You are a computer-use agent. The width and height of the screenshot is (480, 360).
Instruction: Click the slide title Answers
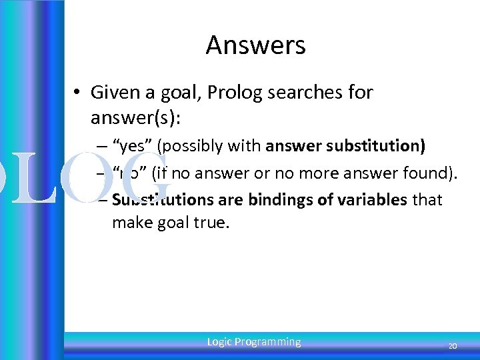pyautogui.click(x=255, y=45)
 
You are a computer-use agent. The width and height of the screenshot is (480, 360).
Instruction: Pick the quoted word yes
pyautogui.click(x=133, y=146)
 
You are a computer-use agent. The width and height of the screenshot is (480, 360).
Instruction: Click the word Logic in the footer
pyautogui.click(x=219, y=342)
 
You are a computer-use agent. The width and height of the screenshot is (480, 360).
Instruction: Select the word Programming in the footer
pyautogui.click(x=268, y=342)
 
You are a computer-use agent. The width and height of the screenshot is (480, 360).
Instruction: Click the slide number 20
pyautogui.click(x=452, y=346)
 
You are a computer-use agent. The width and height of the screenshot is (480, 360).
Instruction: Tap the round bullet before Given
pyautogui.click(x=79, y=92)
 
